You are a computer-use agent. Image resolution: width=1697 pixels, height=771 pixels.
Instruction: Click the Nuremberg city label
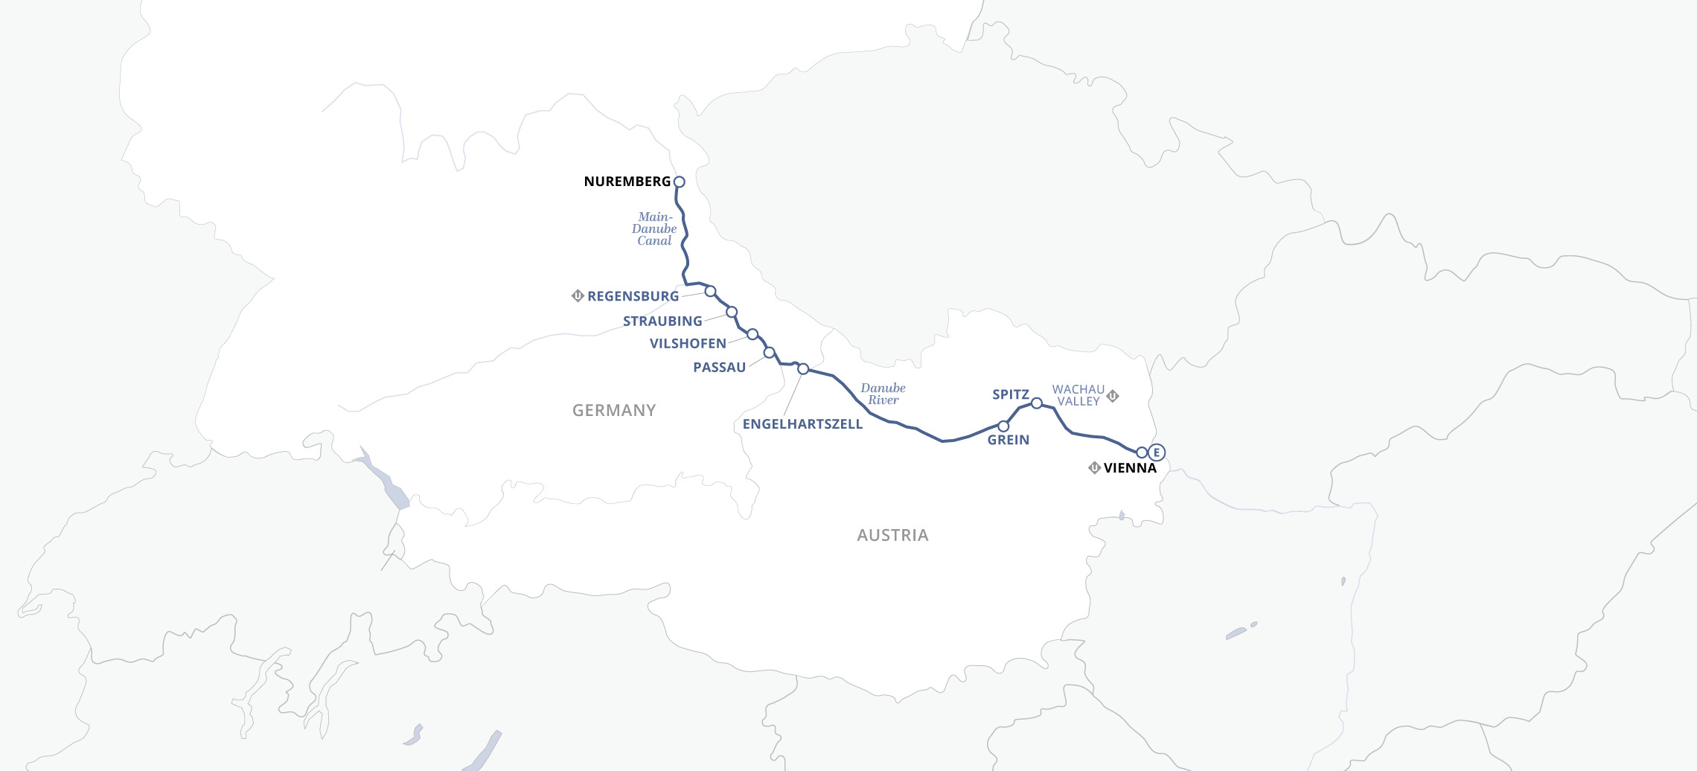coord(627,182)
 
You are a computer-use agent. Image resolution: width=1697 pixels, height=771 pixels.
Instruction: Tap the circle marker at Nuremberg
coord(679,182)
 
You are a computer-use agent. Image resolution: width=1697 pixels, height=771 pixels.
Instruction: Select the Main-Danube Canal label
coord(654,229)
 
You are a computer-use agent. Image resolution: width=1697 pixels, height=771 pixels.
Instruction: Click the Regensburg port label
coord(633,296)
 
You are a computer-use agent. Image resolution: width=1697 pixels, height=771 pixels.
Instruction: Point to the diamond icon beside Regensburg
coord(578,295)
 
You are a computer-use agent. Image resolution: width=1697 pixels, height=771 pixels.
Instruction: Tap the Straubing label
coord(662,321)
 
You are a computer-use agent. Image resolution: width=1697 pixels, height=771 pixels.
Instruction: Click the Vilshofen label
coord(688,344)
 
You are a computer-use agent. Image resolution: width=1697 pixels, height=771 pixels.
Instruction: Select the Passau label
coord(719,368)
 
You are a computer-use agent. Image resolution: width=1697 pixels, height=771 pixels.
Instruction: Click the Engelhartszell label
coord(802,424)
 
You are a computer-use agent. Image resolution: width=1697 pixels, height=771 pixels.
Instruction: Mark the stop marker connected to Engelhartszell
coord(803,369)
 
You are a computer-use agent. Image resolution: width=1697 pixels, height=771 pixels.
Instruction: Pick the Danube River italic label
coord(883,394)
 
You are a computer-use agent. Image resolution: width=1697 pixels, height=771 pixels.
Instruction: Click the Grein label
coord(1008,440)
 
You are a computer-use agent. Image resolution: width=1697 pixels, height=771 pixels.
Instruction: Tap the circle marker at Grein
coord(1003,426)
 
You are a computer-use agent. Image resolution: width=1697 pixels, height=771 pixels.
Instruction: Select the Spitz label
coord(1010,394)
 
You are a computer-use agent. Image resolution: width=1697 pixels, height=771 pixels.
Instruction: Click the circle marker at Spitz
coord(1036,403)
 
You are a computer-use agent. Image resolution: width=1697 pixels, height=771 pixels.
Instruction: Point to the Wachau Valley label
coord(1078,395)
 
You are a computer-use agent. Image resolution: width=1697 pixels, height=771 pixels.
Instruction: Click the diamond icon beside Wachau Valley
coord(1113,396)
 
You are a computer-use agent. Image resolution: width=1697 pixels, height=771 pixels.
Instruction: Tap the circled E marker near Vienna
coord(1156,452)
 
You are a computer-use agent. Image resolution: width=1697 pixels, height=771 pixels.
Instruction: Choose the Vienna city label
coord(1130,468)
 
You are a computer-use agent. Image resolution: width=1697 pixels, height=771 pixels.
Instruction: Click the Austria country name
coord(892,535)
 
